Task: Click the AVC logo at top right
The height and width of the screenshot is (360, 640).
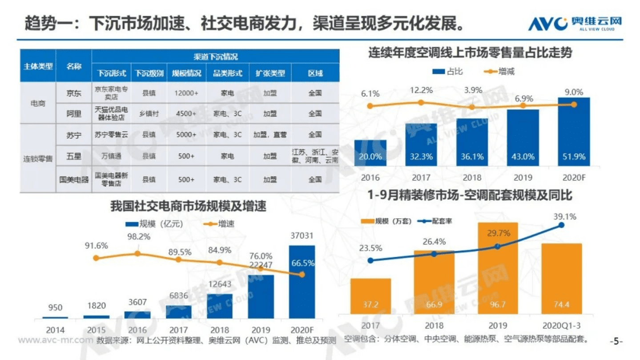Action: click(x=575, y=23)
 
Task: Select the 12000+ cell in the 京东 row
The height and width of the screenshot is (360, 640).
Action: click(x=186, y=93)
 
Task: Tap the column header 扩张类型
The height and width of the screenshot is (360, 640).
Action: click(x=270, y=73)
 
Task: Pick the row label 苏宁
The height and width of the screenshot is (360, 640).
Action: click(x=74, y=135)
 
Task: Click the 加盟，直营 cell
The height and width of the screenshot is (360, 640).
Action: click(x=270, y=135)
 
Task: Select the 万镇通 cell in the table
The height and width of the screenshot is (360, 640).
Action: click(x=111, y=156)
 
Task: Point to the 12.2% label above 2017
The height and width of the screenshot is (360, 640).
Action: click(x=421, y=90)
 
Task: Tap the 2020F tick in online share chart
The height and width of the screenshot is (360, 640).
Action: click(x=574, y=178)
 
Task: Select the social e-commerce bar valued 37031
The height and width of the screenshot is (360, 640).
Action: click(x=302, y=282)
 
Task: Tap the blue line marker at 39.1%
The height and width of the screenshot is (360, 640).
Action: click(x=561, y=225)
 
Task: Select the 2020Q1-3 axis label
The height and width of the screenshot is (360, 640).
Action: click(x=561, y=325)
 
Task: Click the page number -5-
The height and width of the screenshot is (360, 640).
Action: click(x=616, y=341)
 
